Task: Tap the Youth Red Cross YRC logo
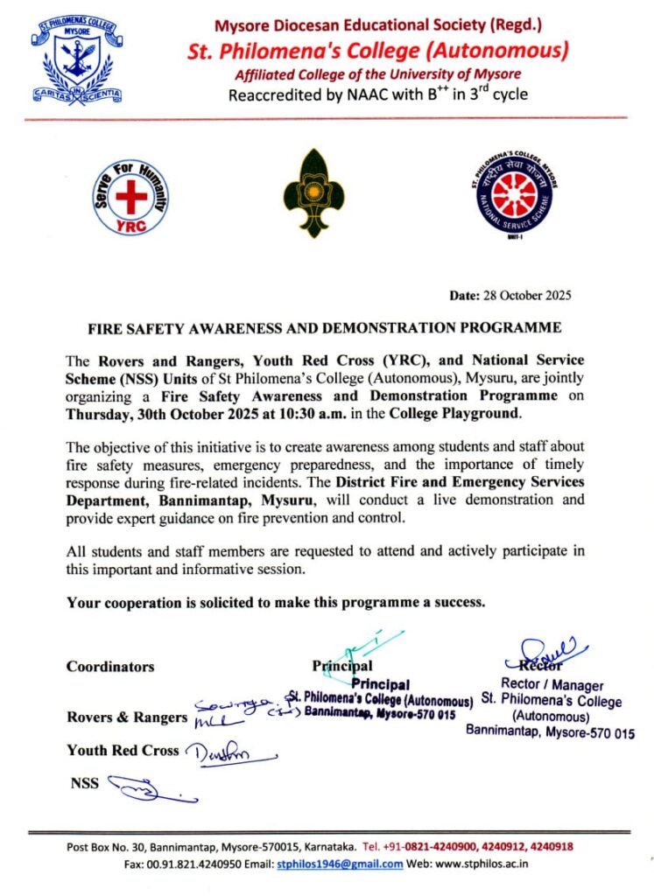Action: (130, 196)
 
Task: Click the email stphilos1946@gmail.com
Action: (340, 864)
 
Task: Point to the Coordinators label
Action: (110, 667)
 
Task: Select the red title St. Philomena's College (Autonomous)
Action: (377, 51)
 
